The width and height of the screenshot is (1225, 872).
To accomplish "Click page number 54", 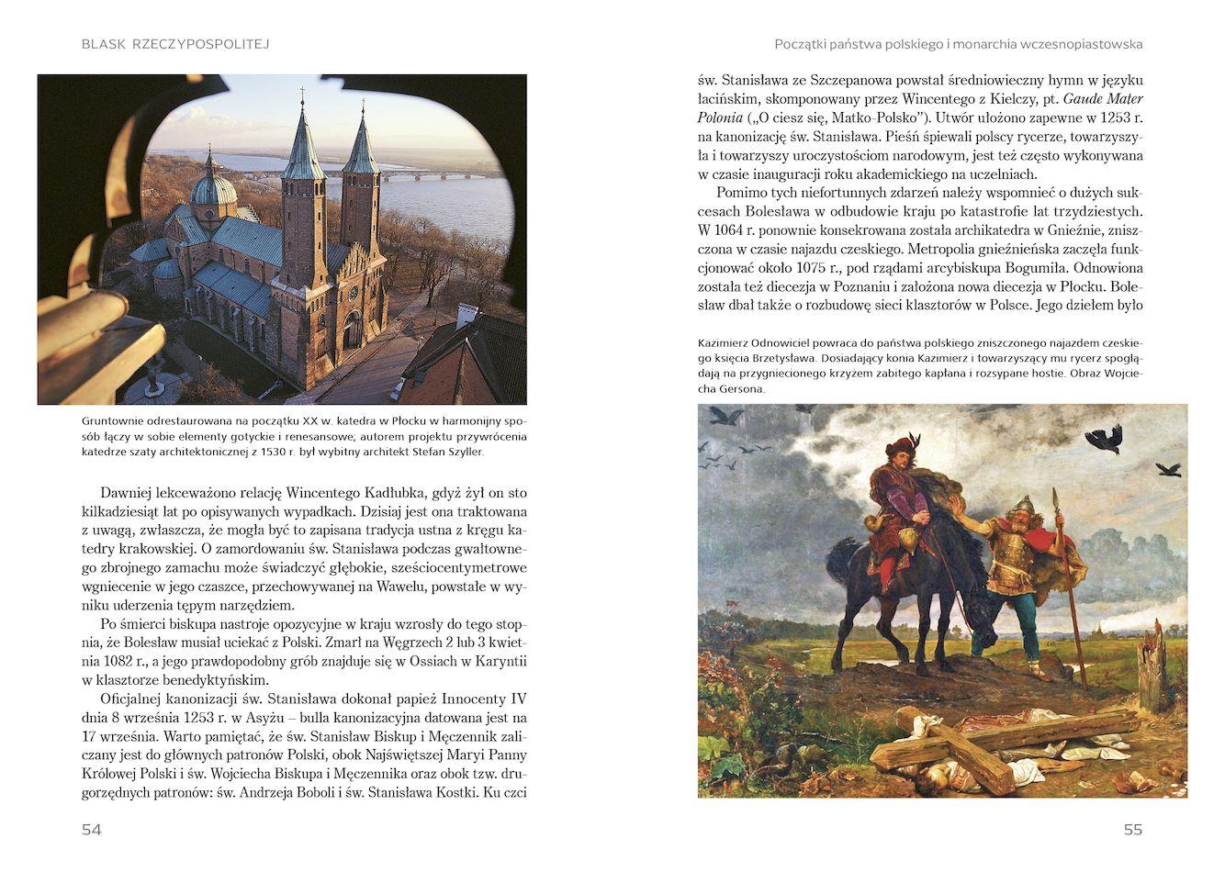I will pos(91,830).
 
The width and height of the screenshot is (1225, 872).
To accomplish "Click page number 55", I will pos(1132,830).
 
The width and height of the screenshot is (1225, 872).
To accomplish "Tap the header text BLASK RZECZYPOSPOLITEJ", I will pos(175,44).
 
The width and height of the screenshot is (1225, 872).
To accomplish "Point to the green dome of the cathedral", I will pos(213,190).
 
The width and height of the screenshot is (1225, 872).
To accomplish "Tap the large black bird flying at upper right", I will pos(1105,438).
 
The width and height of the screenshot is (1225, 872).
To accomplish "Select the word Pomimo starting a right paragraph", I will pos(744,191).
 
